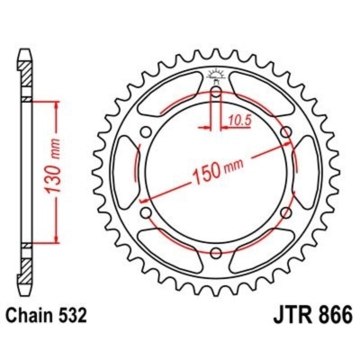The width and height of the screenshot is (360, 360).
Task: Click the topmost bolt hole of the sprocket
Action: pos(216,94)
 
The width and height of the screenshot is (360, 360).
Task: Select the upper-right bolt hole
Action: pos(286,135)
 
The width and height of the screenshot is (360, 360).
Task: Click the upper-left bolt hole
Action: pos(146,135)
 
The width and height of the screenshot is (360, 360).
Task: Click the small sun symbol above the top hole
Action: pos(216,74)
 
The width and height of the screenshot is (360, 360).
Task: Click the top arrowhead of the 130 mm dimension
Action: pos(58,106)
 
